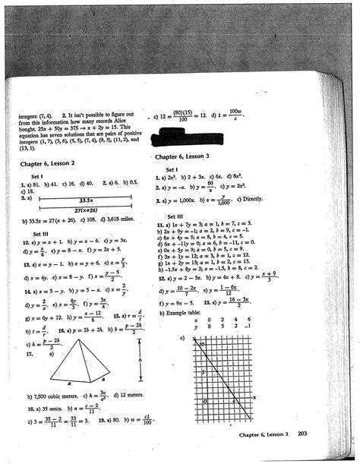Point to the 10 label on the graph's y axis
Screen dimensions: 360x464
pyautogui.click(x=202, y=343)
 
